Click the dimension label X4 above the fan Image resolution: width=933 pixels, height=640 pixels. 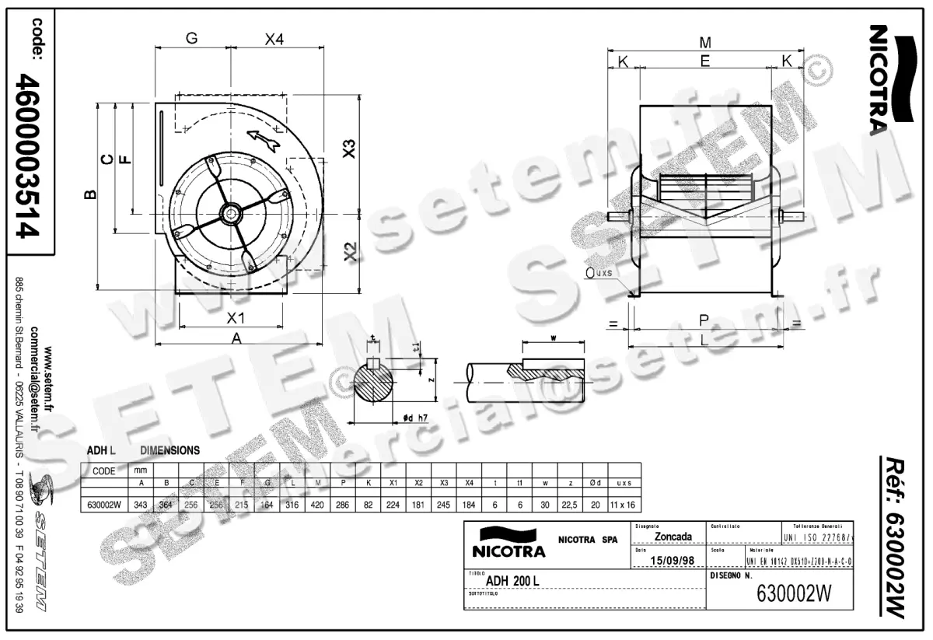coord(274,40)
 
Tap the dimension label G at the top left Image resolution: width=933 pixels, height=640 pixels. coord(191,39)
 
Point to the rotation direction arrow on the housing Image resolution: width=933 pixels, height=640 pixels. coord(264,140)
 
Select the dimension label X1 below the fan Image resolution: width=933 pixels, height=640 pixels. coord(236,317)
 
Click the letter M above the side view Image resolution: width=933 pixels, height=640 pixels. coord(705,41)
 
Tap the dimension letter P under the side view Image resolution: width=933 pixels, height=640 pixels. coord(704,320)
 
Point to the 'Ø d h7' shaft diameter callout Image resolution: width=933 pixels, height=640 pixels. coord(417,418)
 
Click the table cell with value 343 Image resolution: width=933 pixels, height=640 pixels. coord(141,505)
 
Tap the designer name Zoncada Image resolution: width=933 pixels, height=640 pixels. coord(674,537)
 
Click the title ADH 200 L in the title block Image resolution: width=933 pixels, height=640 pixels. coord(512,580)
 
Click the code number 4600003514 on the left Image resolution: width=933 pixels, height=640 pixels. coord(28,156)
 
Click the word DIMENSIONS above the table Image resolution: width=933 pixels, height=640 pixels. coord(169,450)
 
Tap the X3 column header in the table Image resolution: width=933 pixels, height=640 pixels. coord(444,483)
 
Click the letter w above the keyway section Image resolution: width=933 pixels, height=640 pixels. coord(552,338)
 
